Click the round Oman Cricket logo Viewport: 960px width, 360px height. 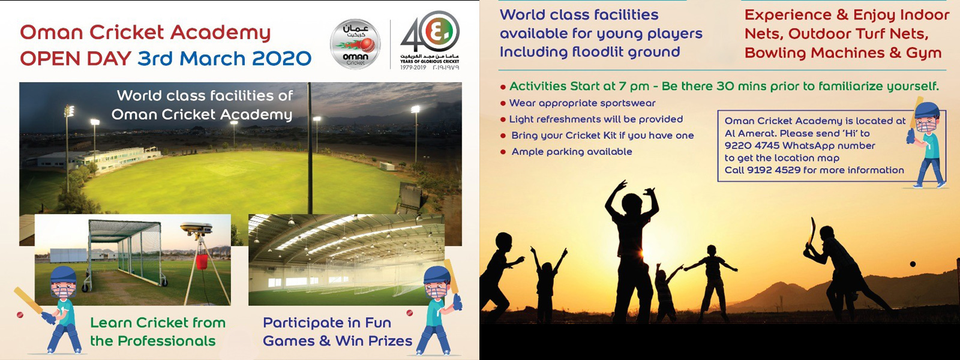pos(355,44)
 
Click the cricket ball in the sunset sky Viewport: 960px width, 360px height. pos(911,264)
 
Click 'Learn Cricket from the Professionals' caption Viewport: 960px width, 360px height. pos(158,332)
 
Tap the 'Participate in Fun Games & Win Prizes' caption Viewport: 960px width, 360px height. pos(338,332)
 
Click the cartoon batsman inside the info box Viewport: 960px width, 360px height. pos(928,142)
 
